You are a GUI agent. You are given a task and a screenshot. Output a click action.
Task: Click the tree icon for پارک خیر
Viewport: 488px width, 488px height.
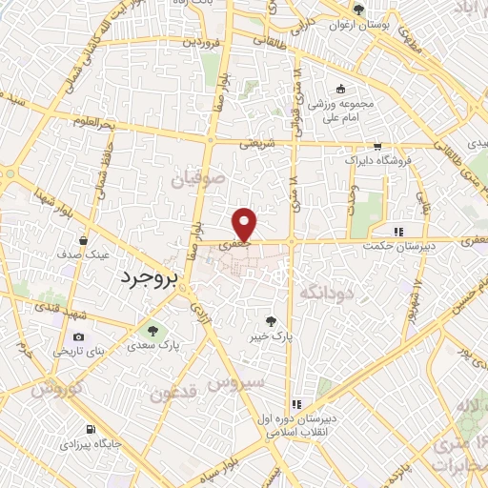coord(276,320)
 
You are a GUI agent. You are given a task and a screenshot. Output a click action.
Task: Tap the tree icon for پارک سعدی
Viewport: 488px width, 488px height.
coord(150,330)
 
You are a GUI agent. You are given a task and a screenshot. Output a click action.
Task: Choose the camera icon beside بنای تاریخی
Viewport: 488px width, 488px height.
coord(78,336)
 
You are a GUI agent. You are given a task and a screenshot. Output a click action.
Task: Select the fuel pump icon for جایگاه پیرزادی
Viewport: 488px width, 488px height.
coord(91,429)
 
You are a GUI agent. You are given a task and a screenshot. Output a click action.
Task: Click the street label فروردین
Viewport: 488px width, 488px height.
coord(203,43)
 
